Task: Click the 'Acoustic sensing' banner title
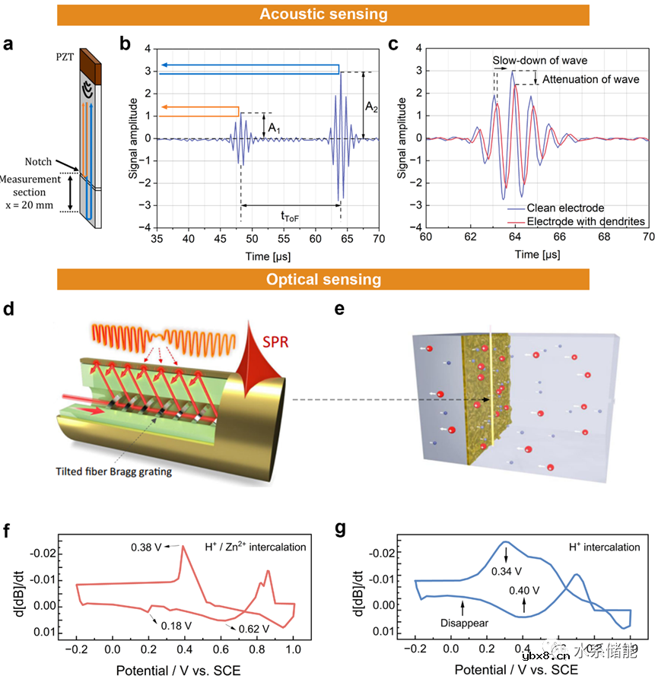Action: tap(323, 14)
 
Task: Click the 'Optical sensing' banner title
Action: tap(323, 279)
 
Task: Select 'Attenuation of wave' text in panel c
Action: tap(586, 79)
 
